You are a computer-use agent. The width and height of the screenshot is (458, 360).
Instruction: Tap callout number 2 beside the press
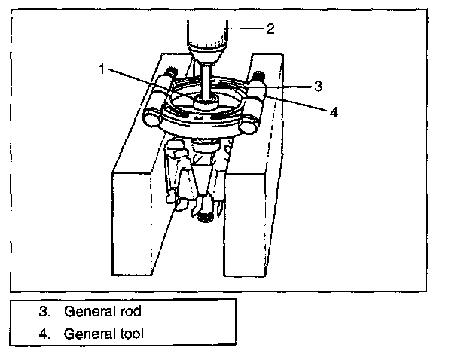(270, 29)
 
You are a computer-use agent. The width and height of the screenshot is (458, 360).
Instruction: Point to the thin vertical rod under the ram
(206, 75)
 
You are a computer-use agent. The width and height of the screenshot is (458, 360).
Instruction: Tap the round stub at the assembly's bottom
(204, 218)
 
